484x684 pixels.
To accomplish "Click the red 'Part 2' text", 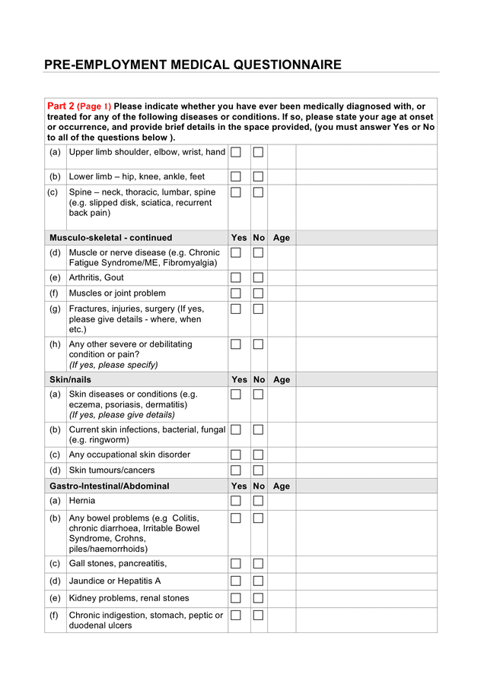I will tap(60, 106).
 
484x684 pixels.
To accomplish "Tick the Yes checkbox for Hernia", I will tap(236, 501).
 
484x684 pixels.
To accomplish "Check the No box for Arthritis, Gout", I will tap(258, 278).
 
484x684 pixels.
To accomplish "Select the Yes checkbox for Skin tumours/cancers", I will tap(236, 470).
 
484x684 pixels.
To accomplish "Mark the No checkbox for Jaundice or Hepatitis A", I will tap(258, 581).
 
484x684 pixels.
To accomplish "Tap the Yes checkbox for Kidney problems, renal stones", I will tap(236, 598).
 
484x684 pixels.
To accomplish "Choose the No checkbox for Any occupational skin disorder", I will tap(258, 454).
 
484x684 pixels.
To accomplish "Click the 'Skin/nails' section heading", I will tap(70, 379).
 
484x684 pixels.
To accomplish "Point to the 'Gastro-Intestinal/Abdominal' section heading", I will tap(110, 486).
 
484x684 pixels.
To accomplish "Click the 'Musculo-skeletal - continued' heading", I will tap(111, 238).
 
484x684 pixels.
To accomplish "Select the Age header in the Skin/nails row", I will tap(282, 379).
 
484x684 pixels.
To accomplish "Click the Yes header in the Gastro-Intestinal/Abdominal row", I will tap(239, 486).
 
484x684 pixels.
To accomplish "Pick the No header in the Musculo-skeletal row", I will tap(259, 238).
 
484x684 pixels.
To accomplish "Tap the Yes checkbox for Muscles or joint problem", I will tap(236, 293).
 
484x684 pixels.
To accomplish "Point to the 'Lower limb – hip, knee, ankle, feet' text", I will tap(137, 176).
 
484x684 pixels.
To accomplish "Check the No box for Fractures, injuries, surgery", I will tap(258, 309).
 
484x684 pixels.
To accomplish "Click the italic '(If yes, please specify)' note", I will tap(113, 365).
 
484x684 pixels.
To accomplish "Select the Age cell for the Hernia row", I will tap(282, 501).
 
